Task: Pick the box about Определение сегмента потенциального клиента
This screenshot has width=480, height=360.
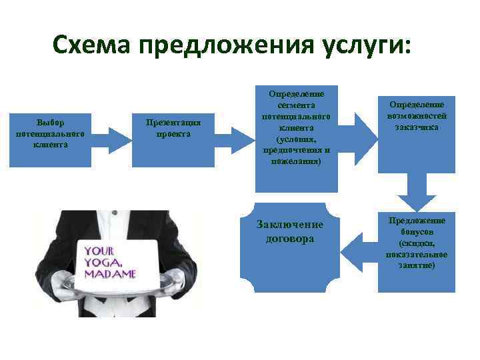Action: coord(297,139)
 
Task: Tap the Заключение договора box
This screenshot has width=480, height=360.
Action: coord(297,247)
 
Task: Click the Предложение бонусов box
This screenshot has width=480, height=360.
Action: coord(417,250)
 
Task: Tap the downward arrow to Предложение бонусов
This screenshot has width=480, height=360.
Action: coord(417,193)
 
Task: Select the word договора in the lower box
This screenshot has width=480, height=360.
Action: coord(290,238)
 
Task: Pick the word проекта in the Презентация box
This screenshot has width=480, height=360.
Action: coord(173,133)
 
